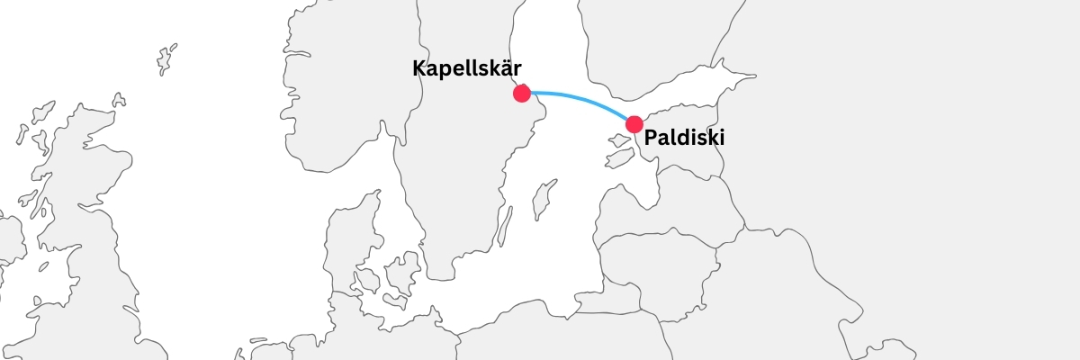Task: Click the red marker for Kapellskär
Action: (521, 93)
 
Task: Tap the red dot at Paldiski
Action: (634, 124)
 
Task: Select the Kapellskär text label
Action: (467, 68)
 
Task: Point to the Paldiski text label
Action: (684, 139)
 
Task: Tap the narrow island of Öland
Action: (506, 226)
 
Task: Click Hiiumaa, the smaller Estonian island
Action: (617, 141)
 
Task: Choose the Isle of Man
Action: (41, 267)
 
